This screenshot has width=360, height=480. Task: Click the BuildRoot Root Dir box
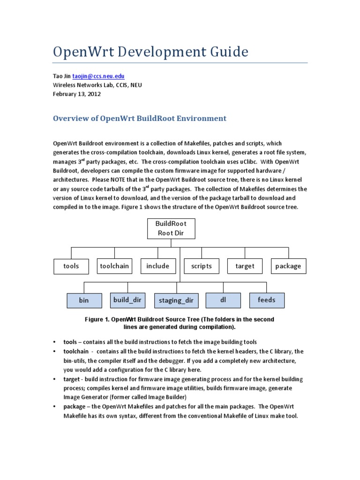(171, 228)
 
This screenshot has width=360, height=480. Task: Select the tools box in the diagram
(71, 266)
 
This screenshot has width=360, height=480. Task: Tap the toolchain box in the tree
(114, 266)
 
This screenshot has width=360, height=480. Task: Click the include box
(157, 266)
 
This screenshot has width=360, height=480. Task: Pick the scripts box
(201, 266)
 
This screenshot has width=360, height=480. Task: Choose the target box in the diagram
(245, 266)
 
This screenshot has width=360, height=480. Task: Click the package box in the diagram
(288, 266)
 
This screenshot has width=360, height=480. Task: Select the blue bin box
(84, 300)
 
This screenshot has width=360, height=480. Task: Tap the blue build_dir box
(127, 300)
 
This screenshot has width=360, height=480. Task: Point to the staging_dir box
(176, 300)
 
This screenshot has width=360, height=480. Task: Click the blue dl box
(223, 300)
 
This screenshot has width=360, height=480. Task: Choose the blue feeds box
(266, 300)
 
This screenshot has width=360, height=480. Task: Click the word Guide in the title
(226, 52)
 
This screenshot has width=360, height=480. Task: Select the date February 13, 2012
(77, 94)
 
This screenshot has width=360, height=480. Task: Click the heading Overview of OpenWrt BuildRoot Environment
(140, 119)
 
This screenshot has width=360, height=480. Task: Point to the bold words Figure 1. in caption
(97, 319)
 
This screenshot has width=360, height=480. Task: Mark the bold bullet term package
(76, 406)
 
